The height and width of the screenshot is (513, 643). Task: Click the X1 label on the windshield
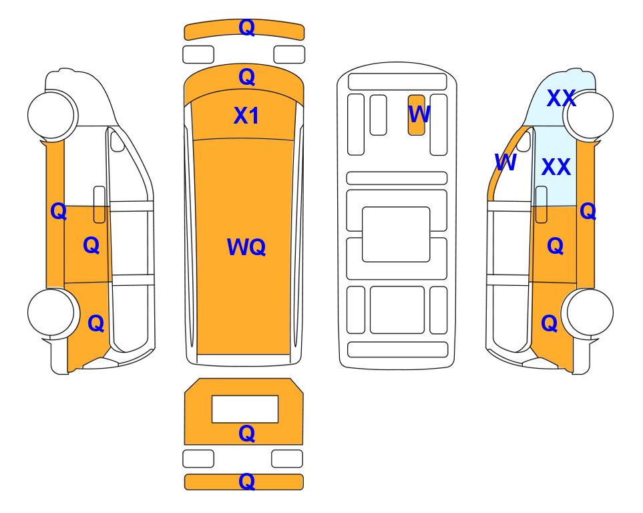coord(246,116)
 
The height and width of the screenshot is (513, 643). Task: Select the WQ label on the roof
coord(246,247)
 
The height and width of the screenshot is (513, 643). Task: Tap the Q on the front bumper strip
coord(246,27)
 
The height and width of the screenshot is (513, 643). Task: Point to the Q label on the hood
coord(246,77)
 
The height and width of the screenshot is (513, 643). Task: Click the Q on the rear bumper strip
coord(246,482)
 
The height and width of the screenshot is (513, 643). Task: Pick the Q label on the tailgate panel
coord(246,434)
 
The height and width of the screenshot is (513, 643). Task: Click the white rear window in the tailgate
coord(245,409)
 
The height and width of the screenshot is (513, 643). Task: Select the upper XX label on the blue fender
coord(562,98)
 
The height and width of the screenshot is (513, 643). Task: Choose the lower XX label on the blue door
coord(556,166)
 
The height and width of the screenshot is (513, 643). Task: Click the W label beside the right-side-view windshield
coord(505,162)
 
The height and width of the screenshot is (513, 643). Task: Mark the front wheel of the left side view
coord(51,114)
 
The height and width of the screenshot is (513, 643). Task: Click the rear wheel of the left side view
coord(51,313)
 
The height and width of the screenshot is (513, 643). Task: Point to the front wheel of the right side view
coord(590,116)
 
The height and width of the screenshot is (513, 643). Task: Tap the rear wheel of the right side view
coord(590,313)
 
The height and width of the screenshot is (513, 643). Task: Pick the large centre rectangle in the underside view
coord(396,234)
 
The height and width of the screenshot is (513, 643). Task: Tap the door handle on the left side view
coord(99,204)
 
